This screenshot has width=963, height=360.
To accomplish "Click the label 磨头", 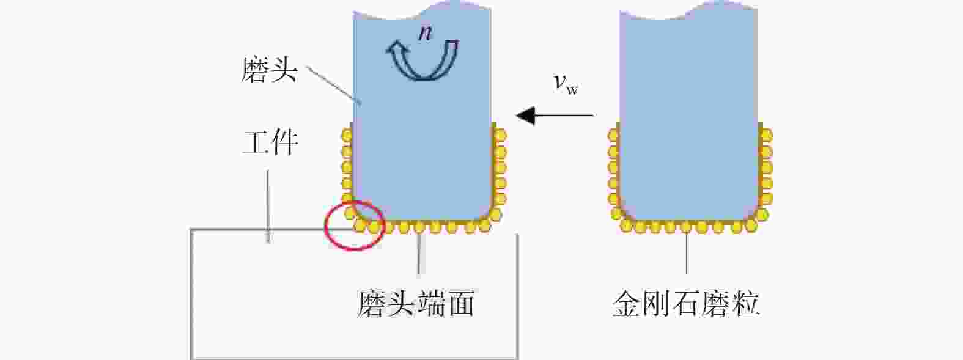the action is pos(269,70).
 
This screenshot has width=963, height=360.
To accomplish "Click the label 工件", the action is pos(270,142).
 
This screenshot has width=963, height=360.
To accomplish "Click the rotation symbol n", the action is pos(425,34).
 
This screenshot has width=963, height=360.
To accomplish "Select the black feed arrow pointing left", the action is pos(555,115).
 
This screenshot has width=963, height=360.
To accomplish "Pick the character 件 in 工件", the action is pos(285,142).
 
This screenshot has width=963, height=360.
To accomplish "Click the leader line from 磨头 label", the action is pos(333,84).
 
